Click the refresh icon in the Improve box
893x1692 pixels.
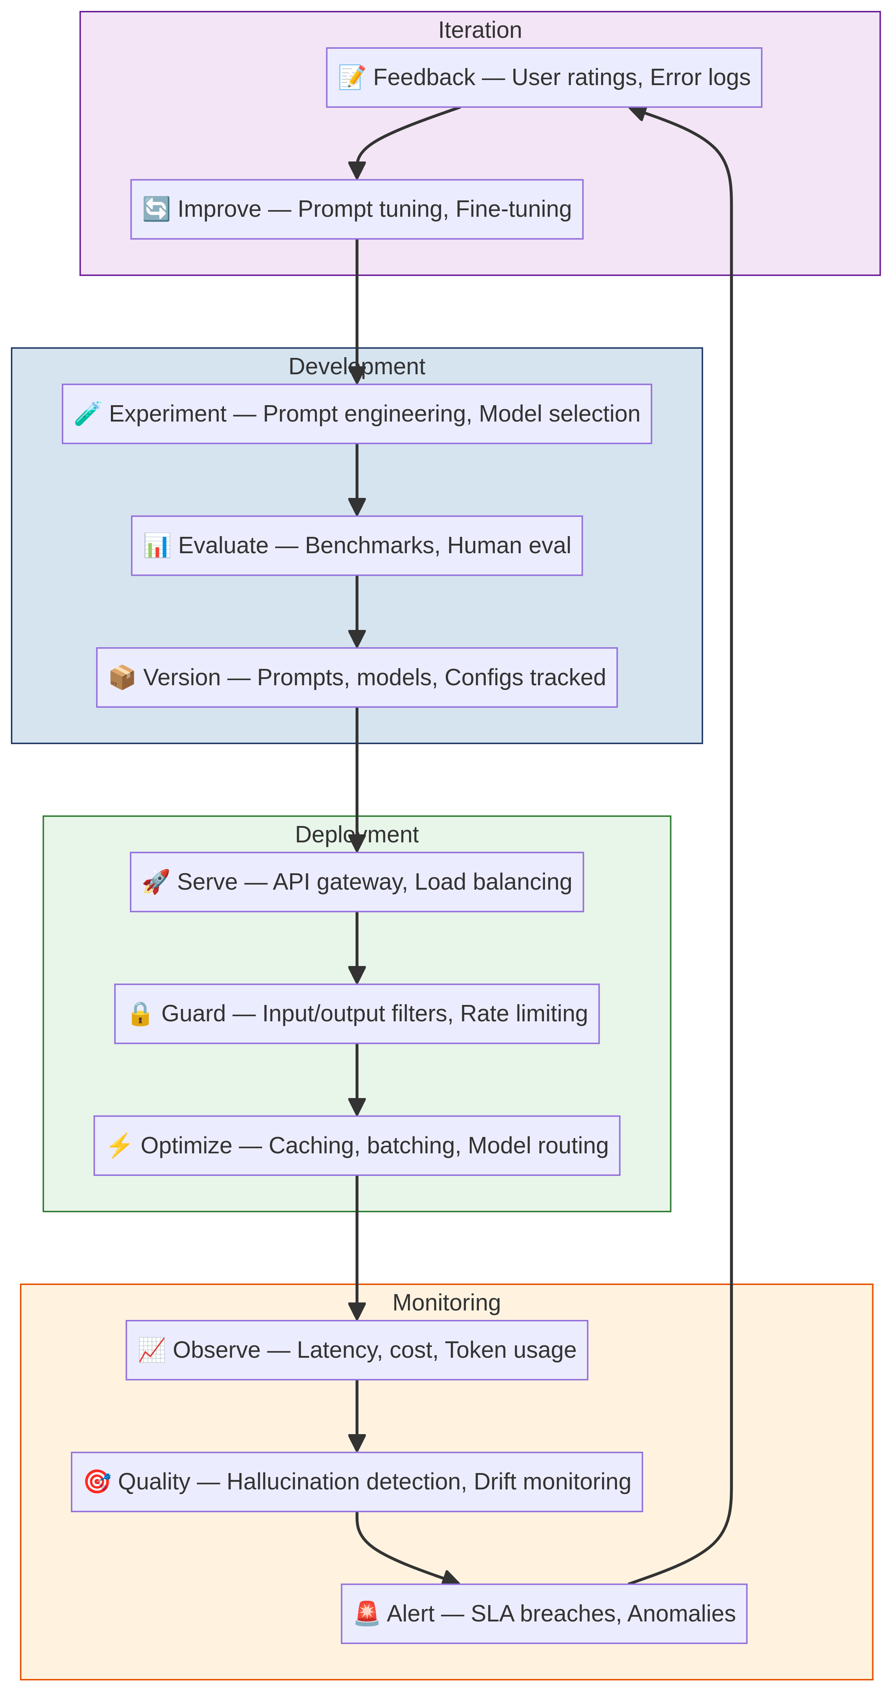pos(156,209)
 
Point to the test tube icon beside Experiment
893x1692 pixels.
pos(87,414)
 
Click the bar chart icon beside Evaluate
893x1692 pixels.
pos(157,546)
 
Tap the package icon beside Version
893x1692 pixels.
pos(122,677)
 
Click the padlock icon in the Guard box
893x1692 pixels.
pos(140,1014)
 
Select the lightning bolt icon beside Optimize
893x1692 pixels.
pos(120,1145)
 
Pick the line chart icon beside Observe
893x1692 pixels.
pos(152,1350)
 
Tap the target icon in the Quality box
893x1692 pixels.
pos(97,1482)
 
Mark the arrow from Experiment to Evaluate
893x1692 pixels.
pos(357,479)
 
